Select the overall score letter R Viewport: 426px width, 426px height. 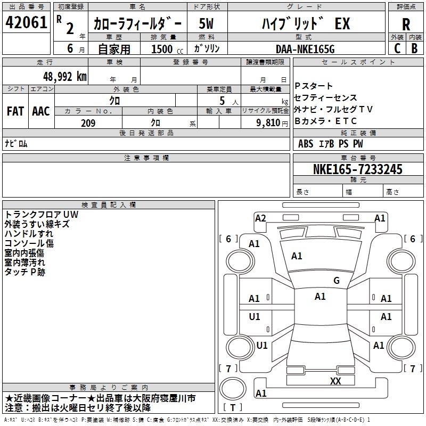point(406,24)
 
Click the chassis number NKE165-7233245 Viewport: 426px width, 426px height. point(358,170)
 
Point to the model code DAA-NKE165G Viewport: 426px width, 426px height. point(305,48)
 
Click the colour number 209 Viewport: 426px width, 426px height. point(88,123)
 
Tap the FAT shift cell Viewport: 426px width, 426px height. point(15,111)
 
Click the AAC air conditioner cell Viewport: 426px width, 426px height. point(40,111)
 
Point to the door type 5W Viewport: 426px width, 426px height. point(207,24)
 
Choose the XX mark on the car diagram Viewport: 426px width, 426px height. point(335,381)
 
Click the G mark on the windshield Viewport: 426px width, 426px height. point(337,281)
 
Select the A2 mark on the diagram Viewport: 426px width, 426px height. point(260,218)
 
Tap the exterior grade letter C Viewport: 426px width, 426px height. point(397,48)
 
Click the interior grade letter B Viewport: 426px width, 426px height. point(415,48)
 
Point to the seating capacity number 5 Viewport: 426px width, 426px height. point(222,100)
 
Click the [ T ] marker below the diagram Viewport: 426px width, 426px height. point(233,408)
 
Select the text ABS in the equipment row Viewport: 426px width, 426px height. point(306,143)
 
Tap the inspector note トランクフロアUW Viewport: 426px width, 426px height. point(41,215)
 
